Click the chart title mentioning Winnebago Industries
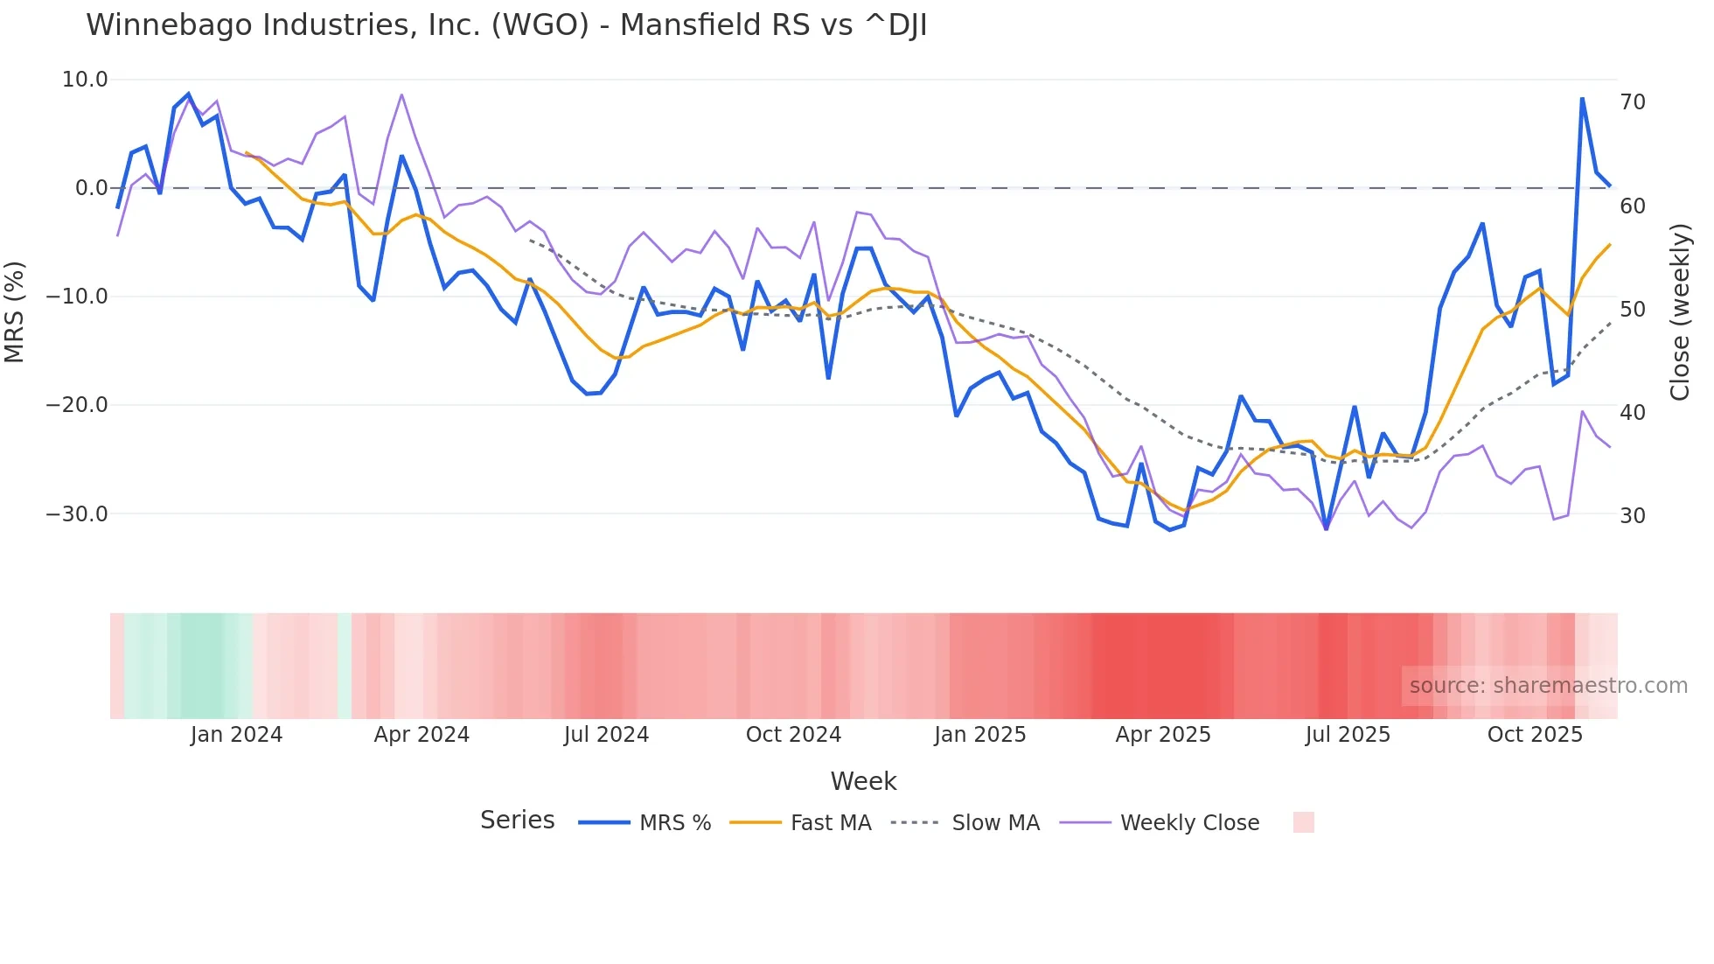506,25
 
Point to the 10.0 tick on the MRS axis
85,80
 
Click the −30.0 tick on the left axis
77,514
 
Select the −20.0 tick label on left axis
77,405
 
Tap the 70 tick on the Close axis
1633,102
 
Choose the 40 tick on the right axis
1633,413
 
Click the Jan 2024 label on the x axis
236,735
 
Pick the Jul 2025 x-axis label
1348,735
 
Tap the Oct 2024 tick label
793,735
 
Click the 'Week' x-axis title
863,781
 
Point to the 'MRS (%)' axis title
15,311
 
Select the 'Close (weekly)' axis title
1680,312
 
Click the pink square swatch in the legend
1303,822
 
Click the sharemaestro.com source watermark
1548,686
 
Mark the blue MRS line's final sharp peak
1582,99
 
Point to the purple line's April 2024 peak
401,94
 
